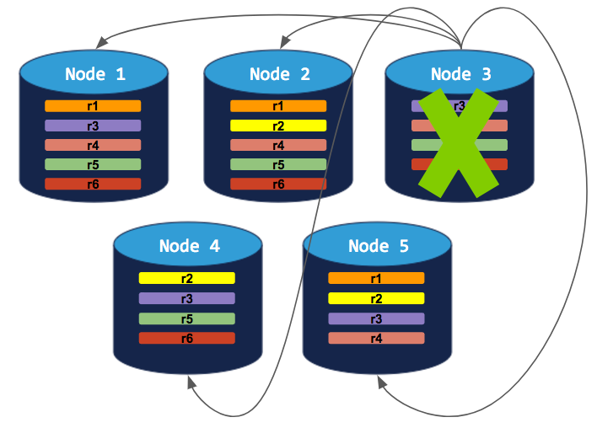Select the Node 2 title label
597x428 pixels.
pos(279,74)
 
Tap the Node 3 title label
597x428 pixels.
pos(460,74)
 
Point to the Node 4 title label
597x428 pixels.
pos(189,246)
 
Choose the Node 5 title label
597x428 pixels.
pos(378,246)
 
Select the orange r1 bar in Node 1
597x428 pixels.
pos(93,106)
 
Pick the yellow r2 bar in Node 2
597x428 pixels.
pos(278,126)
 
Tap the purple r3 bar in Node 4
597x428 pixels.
pos(186,298)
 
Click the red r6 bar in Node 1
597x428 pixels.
pos(93,184)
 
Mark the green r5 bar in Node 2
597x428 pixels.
pos(278,164)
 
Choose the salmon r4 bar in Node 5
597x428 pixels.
pos(375,338)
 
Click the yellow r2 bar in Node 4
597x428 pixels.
pos(186,278)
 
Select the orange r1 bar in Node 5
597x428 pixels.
pos(375,278)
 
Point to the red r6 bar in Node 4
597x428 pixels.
pos(186,338)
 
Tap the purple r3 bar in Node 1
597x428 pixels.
pos(93,126)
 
